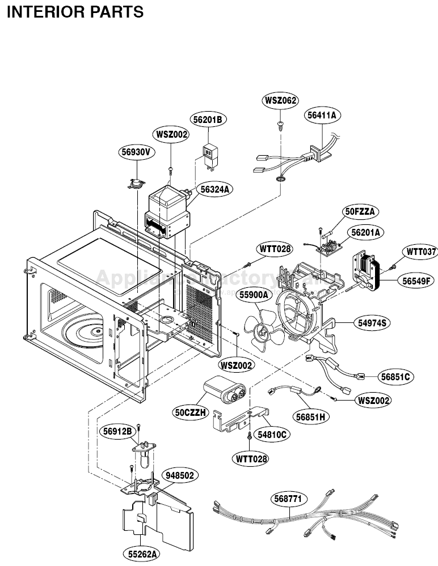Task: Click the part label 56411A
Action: (x=322, y=115)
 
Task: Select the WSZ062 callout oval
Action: (x=280, y=100)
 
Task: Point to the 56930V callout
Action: (x=137, y=151)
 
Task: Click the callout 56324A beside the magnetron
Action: (x=215, y=189)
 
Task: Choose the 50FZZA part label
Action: (x=361, y=211)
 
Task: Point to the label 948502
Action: (x=179, y=475)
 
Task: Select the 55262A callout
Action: (x=139, y=553)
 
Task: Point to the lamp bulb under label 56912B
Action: (x=145, y=456)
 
